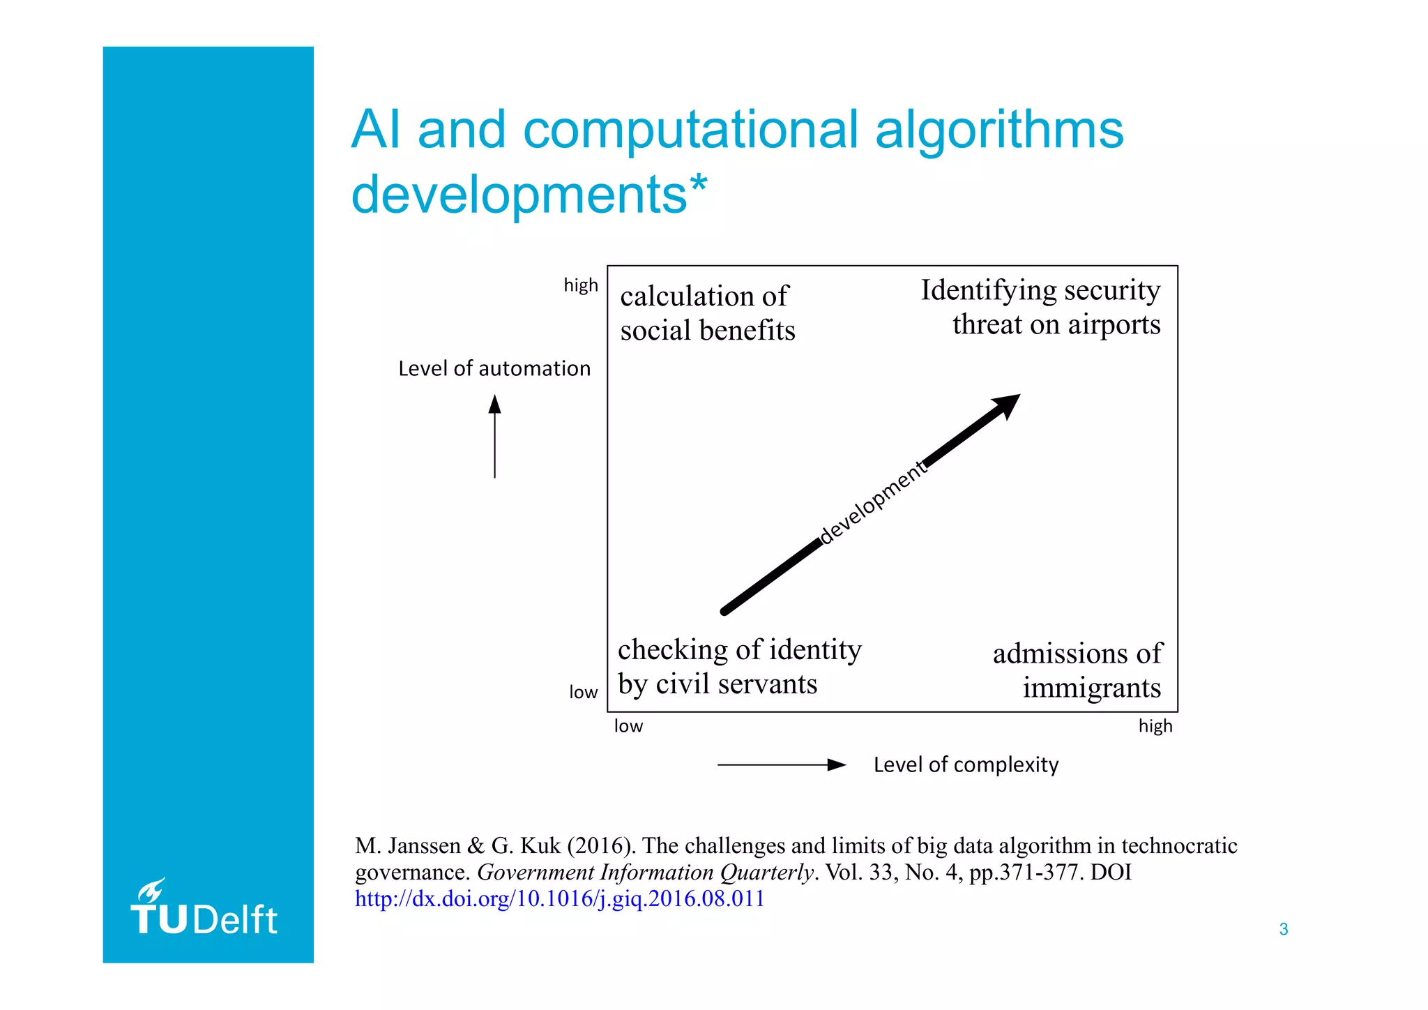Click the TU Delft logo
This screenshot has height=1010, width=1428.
click(x=204, y=909)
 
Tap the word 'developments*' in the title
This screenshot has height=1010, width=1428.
click(x=529, y=195)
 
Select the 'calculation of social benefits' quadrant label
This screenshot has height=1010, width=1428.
click(x=707, y=313)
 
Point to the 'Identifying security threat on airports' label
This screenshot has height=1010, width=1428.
click(x=1040, y=307)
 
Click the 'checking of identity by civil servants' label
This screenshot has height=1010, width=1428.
click(x=739, y=667)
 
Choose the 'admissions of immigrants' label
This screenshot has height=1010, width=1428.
click(x=1077, y=670)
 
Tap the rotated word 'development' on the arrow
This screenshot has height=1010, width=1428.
click(x=873, y=502)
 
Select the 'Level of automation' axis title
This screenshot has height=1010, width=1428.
click(x=494, y=368)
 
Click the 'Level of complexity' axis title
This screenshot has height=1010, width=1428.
click(x=966, y=764)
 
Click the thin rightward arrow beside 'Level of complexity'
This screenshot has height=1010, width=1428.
click(x=781, y=765)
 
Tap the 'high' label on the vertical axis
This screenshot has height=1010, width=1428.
click(x=581, y=285)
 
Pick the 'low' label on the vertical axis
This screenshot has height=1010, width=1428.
click(x=583, y=692)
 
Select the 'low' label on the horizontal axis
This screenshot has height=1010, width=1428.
click(x=628, y=726)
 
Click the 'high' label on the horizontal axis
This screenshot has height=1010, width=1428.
click(x=1155, y=726)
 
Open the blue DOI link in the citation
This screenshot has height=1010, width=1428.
click(x=559, y=898)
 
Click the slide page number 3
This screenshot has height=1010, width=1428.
click(x=1283, y=929)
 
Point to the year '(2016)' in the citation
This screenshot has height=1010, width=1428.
click(x=600, y=845)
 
